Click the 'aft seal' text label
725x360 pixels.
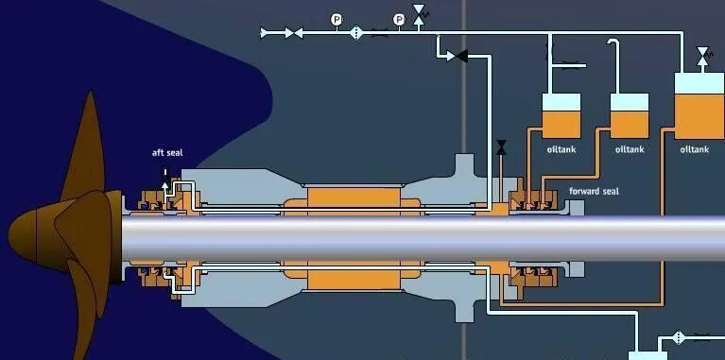click(x=167, y=152)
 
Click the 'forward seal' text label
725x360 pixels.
click(x=594, y=191)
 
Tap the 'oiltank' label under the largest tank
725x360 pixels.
click(x=695, y=149)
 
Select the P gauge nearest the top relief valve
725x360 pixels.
click(x=399, y=20)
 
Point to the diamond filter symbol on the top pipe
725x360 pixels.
click(x=356, y=33)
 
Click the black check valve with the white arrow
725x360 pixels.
click(x=461, y=57)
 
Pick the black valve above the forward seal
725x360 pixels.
click(x=501, y=147)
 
